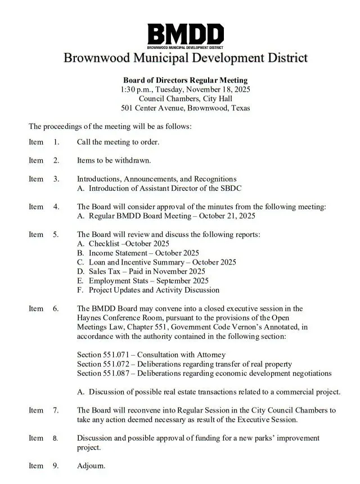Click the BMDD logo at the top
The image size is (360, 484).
coord(185,35)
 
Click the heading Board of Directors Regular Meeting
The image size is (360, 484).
coord(185,80)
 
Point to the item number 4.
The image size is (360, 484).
coord(56,207)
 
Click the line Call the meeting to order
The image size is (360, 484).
coord(118,142)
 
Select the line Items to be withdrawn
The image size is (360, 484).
coord(114,160)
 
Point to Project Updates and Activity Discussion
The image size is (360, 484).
coord(154,290)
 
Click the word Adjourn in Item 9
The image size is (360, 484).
coord(91,465)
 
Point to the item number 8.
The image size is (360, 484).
coord(56,438)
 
